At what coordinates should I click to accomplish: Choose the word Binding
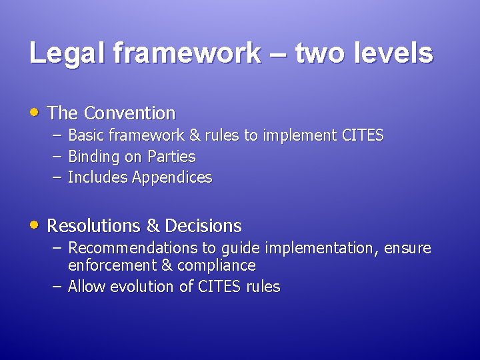[93, 157]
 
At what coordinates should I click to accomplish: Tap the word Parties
[172, 157]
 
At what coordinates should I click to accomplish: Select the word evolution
[137, 287]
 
